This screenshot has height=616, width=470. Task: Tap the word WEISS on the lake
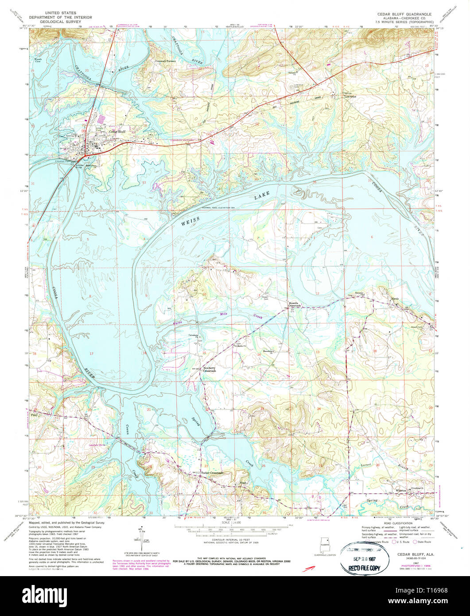point(191,221)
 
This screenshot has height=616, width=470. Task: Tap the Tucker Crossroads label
point(212,473)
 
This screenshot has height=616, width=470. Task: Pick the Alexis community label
point(395,298)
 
